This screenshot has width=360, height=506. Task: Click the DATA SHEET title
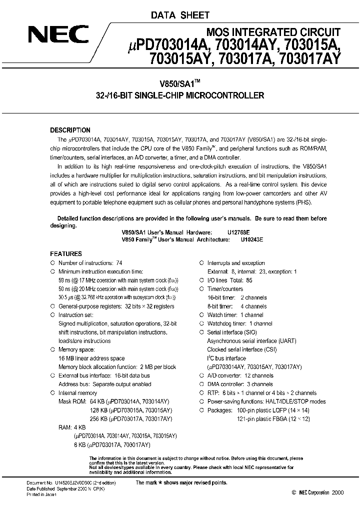tap(180, 15)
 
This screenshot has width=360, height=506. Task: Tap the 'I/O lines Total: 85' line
tap(229, 280)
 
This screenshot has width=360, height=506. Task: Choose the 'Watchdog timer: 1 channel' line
tap(239, 323)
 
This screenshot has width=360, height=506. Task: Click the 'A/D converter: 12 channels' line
tap(240, 375)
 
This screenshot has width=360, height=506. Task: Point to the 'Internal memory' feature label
tap(78, 393)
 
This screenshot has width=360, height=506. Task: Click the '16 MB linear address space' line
tap(91, 358)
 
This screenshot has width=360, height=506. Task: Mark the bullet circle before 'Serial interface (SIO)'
tap(201, 332)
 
